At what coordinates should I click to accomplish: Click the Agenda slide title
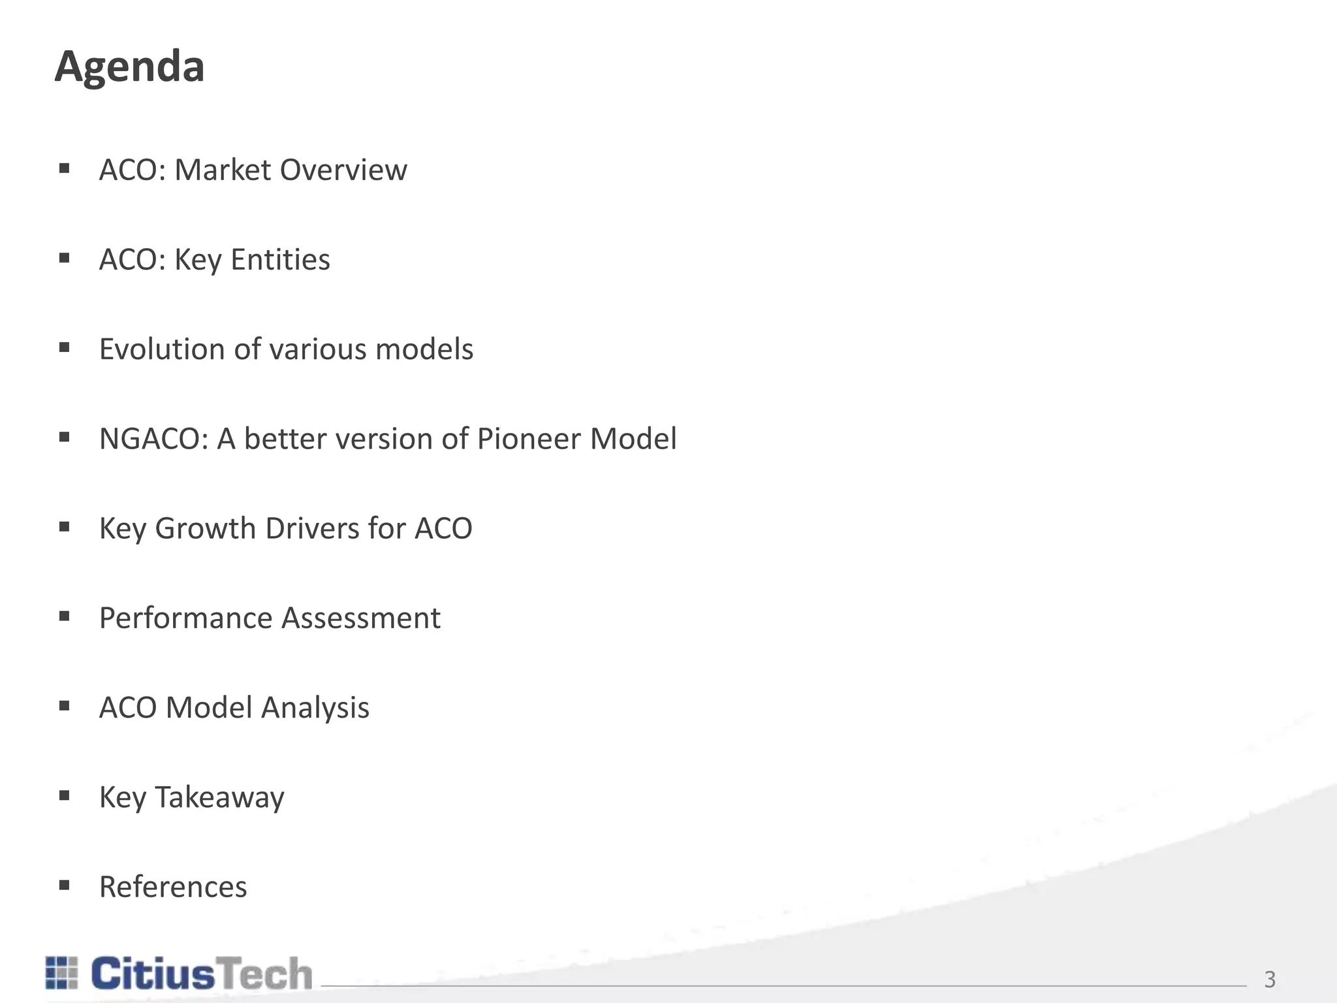point(129,67)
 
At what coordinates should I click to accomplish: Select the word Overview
point(343,170)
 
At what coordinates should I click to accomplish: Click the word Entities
point(280,259)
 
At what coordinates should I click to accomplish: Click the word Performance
point(185,618)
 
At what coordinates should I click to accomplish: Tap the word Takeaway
point(219,797)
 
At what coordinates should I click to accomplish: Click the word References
point(173,887)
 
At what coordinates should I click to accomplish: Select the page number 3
point(1270,979)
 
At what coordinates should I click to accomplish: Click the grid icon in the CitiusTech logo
point(62,972)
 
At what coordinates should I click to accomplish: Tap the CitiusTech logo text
point(201,974)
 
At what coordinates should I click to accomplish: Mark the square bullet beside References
point(64,885)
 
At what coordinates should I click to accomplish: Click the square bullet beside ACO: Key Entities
point(64,259)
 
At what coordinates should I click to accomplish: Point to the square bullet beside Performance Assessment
point(64,616)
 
